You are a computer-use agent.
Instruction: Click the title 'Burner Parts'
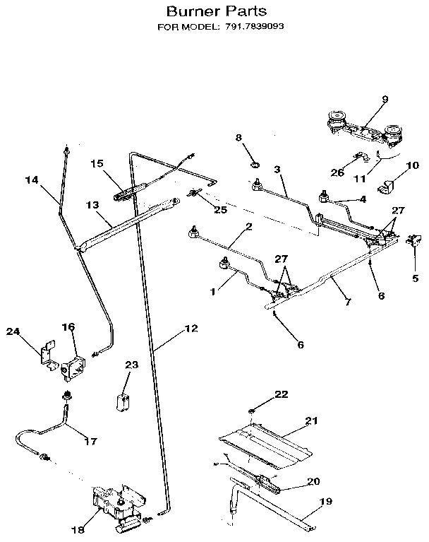[x=217, y=11]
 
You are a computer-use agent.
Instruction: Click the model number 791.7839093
[x=255, y=27]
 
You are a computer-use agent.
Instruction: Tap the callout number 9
[x=385, y=99]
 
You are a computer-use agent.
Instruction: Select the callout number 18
[x=78, y=529]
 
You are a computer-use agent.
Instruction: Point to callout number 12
[x=191, y=328]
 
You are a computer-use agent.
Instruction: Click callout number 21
[x=311, y=420]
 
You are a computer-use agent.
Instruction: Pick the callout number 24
[x=13, y=331]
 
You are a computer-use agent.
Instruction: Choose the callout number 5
[x=415, y=278]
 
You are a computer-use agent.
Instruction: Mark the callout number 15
[x=97, y=163]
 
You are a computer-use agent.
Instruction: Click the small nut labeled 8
[x=255, y=165]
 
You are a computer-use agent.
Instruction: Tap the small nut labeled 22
[x=251, y=411]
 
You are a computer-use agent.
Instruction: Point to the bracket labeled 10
[x=385, y=187]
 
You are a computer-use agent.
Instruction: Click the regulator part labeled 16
[x=73, y=367]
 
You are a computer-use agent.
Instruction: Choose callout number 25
[x=221, y=209]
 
